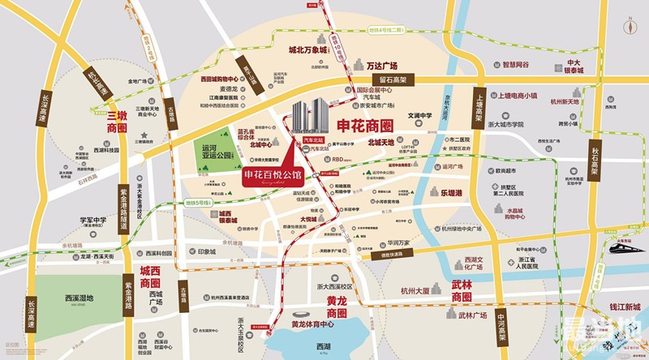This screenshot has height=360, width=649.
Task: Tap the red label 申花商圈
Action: (363, 126)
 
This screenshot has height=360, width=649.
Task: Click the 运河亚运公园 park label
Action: (215, 154)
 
